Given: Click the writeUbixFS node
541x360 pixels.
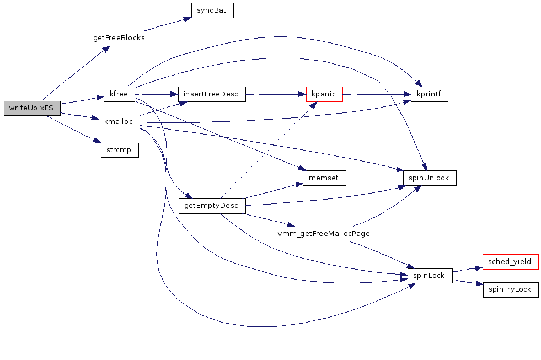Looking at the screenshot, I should (x=31, y=108).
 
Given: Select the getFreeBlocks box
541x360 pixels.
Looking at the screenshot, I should (x=120, y=38).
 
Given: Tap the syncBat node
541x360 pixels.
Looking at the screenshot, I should (x=212, y=10).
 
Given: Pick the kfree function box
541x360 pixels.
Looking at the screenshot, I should (x=119, y=94).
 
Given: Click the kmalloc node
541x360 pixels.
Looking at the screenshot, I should (x=119, y=122).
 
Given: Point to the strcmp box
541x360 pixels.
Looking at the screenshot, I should (x=119, y=150).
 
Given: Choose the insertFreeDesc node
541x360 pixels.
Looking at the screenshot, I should (x=211, y=94).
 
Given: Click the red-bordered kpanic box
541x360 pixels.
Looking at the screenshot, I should (x=324, y=94).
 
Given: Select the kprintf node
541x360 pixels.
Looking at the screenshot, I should (x=429, y=94).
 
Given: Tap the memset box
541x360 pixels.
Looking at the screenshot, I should (x=324, y=178).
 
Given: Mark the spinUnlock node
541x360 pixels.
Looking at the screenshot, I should (x=430, y=178).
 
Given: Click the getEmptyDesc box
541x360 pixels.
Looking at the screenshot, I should (x=212, y=206).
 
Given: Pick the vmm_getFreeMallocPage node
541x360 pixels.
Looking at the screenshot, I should (x=324, y=234).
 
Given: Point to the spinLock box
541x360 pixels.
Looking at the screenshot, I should (x=429, y=275).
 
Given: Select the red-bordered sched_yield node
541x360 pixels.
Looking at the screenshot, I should (x=510, y=261).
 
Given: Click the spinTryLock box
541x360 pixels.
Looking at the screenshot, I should (x=510, y=289).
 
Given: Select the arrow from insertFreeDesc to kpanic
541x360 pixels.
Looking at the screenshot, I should (x=275, y=94).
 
